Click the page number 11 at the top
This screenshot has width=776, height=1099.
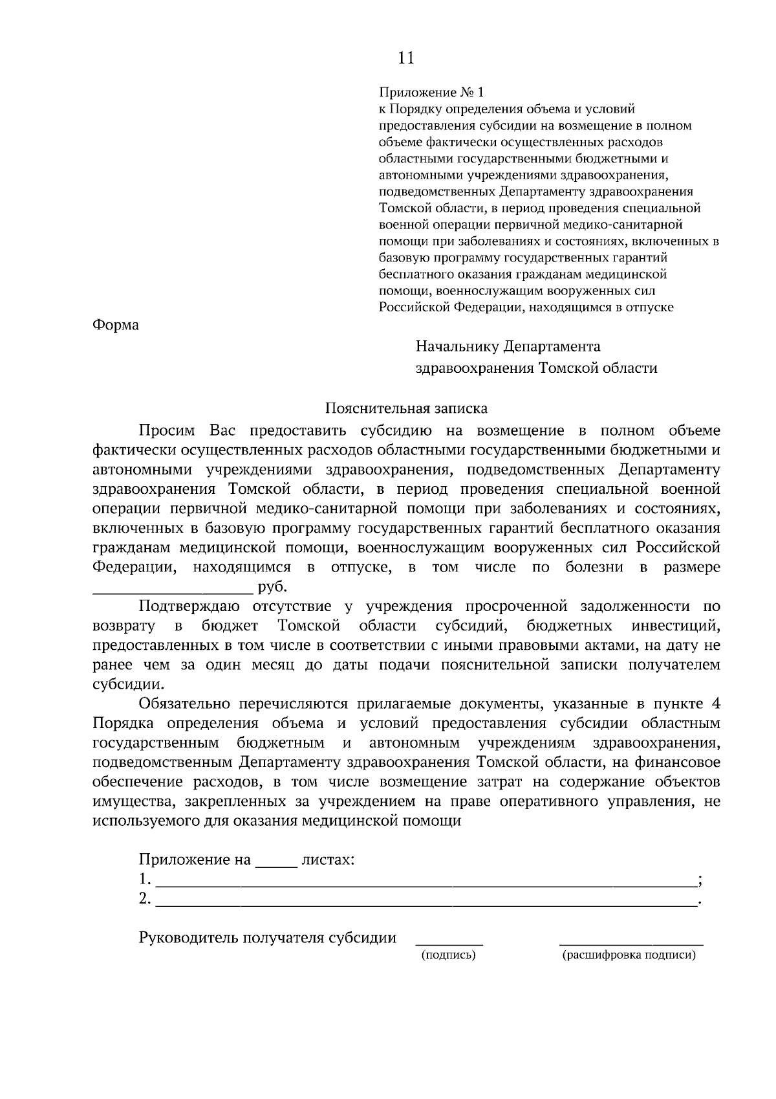(x=405, y=58)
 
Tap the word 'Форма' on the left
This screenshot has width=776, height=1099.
(x=116, y=325)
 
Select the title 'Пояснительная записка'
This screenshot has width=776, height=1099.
(x=405, y=408)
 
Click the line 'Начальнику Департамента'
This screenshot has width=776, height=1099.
(x=508, y=346)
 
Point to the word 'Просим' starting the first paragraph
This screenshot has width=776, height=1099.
(x=166, y=431)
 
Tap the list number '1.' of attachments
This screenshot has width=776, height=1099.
(x=145, y=880)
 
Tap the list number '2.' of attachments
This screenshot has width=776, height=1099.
(x=145, y=899)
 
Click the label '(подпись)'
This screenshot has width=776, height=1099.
(x=448, y=955)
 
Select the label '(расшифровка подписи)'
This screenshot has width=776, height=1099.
(x=629, y=955)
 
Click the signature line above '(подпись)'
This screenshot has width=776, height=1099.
(x=449, y=944)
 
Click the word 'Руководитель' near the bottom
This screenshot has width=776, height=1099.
(x=189, y=938)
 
